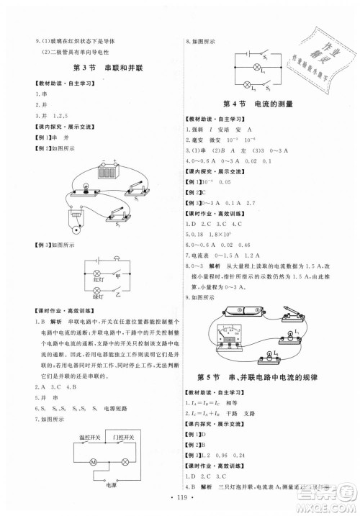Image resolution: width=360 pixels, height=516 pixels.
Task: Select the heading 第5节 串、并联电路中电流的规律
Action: pos(261,378)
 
